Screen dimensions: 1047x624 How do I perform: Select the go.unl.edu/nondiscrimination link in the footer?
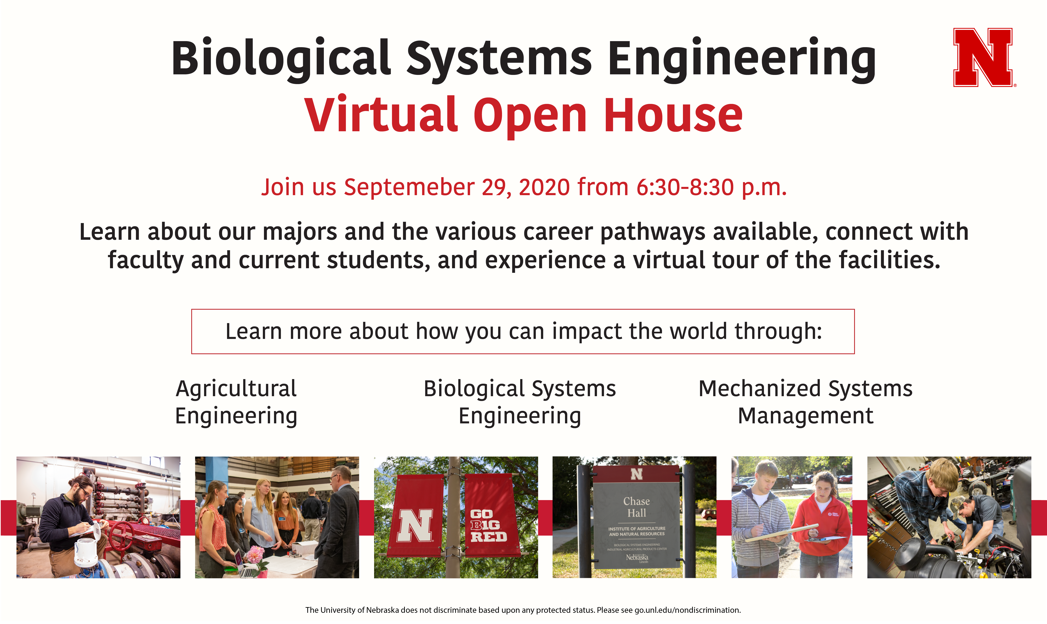(687, 610)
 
